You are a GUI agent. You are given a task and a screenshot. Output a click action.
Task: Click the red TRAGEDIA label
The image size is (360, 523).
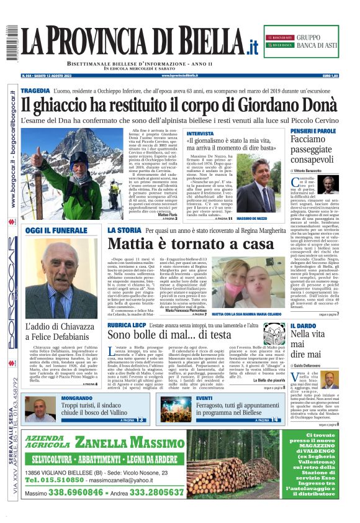[x=35, y=91]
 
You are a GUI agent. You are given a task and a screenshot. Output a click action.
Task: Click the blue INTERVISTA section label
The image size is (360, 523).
[x=200, y=134]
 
